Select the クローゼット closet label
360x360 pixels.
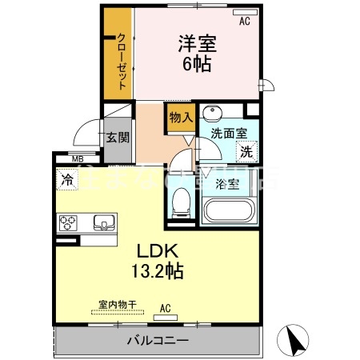coord(120,57)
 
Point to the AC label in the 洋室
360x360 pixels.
coord(244,22)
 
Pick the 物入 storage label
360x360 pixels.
coord(180,117)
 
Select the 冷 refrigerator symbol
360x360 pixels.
coord(66,181)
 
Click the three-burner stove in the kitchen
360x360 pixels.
coord(67,222)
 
